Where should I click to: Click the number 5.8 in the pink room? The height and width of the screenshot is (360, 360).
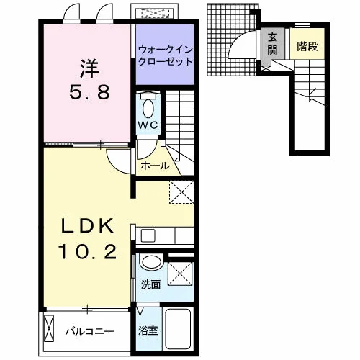(89, 92)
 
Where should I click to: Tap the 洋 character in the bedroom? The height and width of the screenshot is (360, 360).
(89, 68)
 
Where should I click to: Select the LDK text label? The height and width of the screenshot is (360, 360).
(88, 226)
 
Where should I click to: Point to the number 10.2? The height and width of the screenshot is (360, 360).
(88, 251)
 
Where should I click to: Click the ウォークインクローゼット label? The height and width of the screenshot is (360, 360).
(166, 55)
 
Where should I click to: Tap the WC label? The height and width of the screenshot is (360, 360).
(148, 125)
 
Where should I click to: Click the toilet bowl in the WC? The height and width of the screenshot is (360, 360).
(148, 108)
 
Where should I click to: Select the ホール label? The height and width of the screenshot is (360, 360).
(155, 166)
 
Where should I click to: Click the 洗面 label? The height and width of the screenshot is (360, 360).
(150, 284)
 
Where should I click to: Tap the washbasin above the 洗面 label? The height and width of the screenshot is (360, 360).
(152, 262)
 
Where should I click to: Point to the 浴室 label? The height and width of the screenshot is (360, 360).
(148, 330)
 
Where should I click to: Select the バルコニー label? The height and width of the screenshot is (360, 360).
(90, 332)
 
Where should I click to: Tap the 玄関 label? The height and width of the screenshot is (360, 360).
(273, 44)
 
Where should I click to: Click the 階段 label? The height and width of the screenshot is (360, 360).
(307, 46)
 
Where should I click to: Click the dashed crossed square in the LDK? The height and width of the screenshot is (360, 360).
(181, 192)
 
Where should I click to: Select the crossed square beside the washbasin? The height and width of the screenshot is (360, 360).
(180, 274)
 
